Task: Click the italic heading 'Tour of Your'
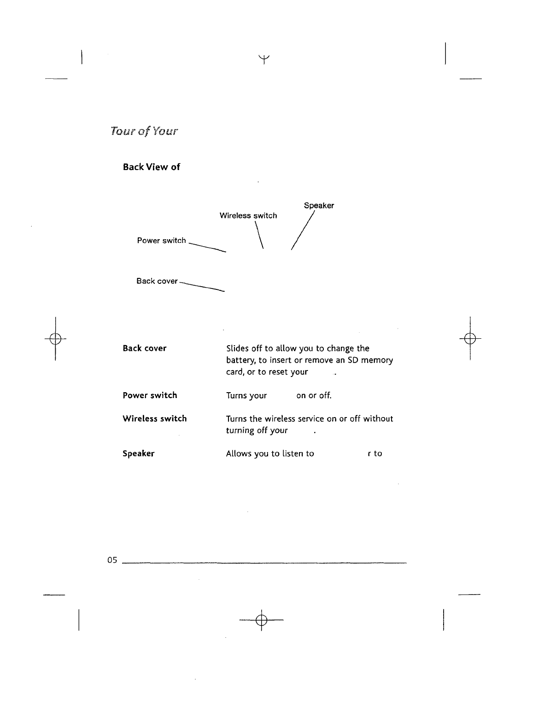coord(144,132)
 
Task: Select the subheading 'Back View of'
coord(151,167)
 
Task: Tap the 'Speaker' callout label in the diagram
coord(319,206)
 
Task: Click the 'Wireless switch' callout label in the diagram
coord(248,216)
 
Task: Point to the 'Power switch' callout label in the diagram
coord(161,241)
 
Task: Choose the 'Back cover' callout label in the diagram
coord(157,281)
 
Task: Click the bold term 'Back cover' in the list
coord(145,348)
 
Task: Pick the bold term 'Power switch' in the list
coord(150,395)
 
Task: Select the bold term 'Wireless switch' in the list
coord(155,419)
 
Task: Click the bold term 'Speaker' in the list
coord(139,454)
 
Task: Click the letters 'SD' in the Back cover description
coord(353,360)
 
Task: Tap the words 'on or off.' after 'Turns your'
coord(314,396)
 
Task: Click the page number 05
coord(112,560)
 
